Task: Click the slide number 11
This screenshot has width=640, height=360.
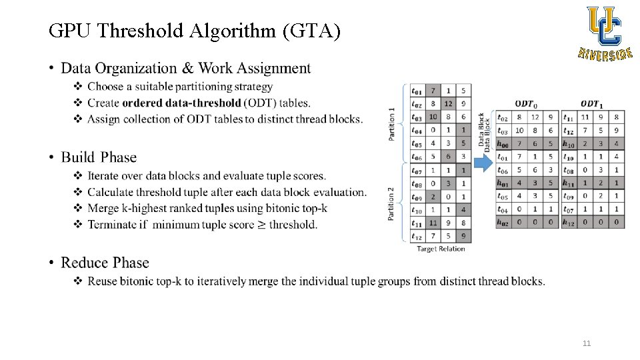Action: [587, 343]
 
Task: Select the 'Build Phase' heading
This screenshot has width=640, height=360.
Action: [99, 157]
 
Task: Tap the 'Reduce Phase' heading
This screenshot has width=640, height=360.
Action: [105, 263]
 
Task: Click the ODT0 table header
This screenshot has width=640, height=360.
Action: [525, 103]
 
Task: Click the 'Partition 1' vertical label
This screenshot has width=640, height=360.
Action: [391, 124]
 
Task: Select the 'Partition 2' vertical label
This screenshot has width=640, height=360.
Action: [391, 203]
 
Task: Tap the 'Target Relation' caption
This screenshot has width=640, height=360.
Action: [440, 249]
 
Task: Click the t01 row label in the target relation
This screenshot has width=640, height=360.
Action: [416, 91]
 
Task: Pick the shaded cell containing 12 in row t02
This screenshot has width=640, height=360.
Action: [448, 103]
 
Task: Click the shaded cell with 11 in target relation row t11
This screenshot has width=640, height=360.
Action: [433, 223]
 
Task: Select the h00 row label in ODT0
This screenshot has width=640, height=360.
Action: [502, 143]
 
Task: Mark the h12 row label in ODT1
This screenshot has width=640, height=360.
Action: [568, 223]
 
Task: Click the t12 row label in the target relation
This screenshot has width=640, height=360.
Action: [416, 236]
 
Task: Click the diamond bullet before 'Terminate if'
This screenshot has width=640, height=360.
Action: [78, 225]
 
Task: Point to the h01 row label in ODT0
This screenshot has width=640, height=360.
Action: [502, 183]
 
